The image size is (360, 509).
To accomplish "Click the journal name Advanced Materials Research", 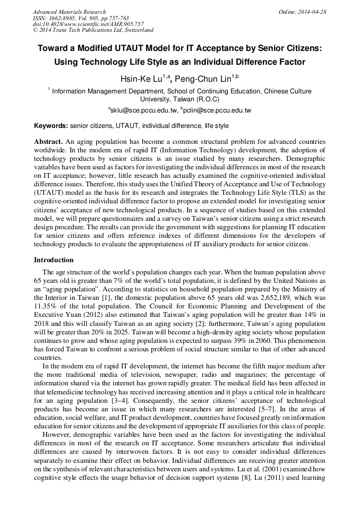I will point(69,12).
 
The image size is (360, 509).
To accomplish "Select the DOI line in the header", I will point(88,24).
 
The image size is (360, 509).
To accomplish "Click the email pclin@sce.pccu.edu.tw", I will point(217,110).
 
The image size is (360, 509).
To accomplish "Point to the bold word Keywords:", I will point(51,126).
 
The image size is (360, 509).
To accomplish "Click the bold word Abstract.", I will point(48,142).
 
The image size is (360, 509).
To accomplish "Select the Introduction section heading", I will point(54,260).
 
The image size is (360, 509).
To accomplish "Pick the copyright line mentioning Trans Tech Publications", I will point(93,30).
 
